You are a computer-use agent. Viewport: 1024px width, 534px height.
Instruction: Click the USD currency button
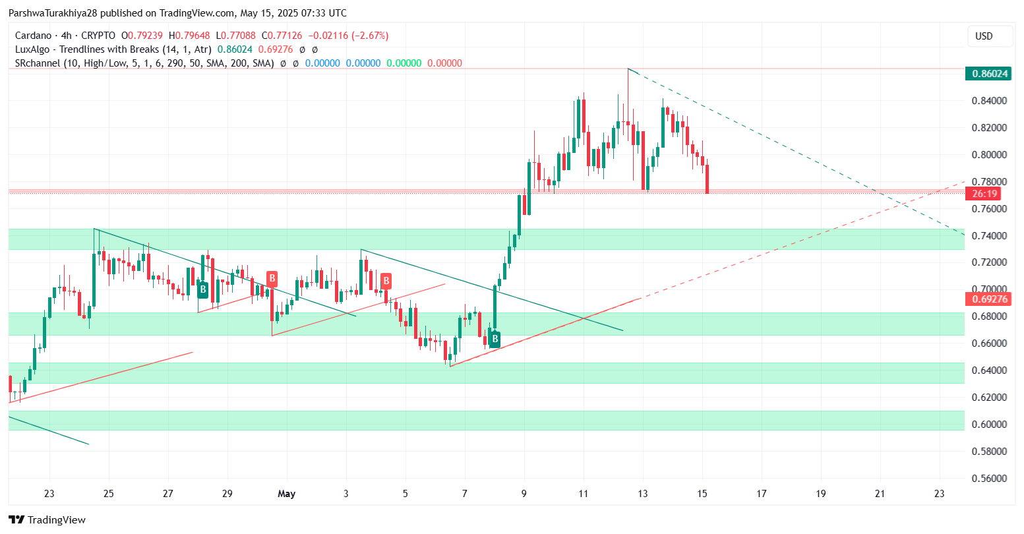984,36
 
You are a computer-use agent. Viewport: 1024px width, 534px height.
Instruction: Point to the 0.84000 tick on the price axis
990,101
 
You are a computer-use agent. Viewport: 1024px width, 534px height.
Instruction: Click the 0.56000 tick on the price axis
990,478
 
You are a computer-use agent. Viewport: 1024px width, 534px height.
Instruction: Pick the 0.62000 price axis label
990,397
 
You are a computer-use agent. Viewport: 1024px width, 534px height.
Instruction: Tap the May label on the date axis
287,494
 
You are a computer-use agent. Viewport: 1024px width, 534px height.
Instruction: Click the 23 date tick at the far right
940,494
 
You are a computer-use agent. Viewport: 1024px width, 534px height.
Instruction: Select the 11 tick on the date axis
584,494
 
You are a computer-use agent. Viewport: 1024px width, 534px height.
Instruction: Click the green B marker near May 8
494,340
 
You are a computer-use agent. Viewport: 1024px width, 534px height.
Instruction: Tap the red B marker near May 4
386,282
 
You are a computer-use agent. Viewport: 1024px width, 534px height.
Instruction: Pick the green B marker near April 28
203,289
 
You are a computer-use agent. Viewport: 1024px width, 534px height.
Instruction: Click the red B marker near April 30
271,278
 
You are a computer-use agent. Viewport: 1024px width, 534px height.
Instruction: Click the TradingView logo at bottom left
47,519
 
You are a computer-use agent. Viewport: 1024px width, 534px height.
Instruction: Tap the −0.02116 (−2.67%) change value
349,36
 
